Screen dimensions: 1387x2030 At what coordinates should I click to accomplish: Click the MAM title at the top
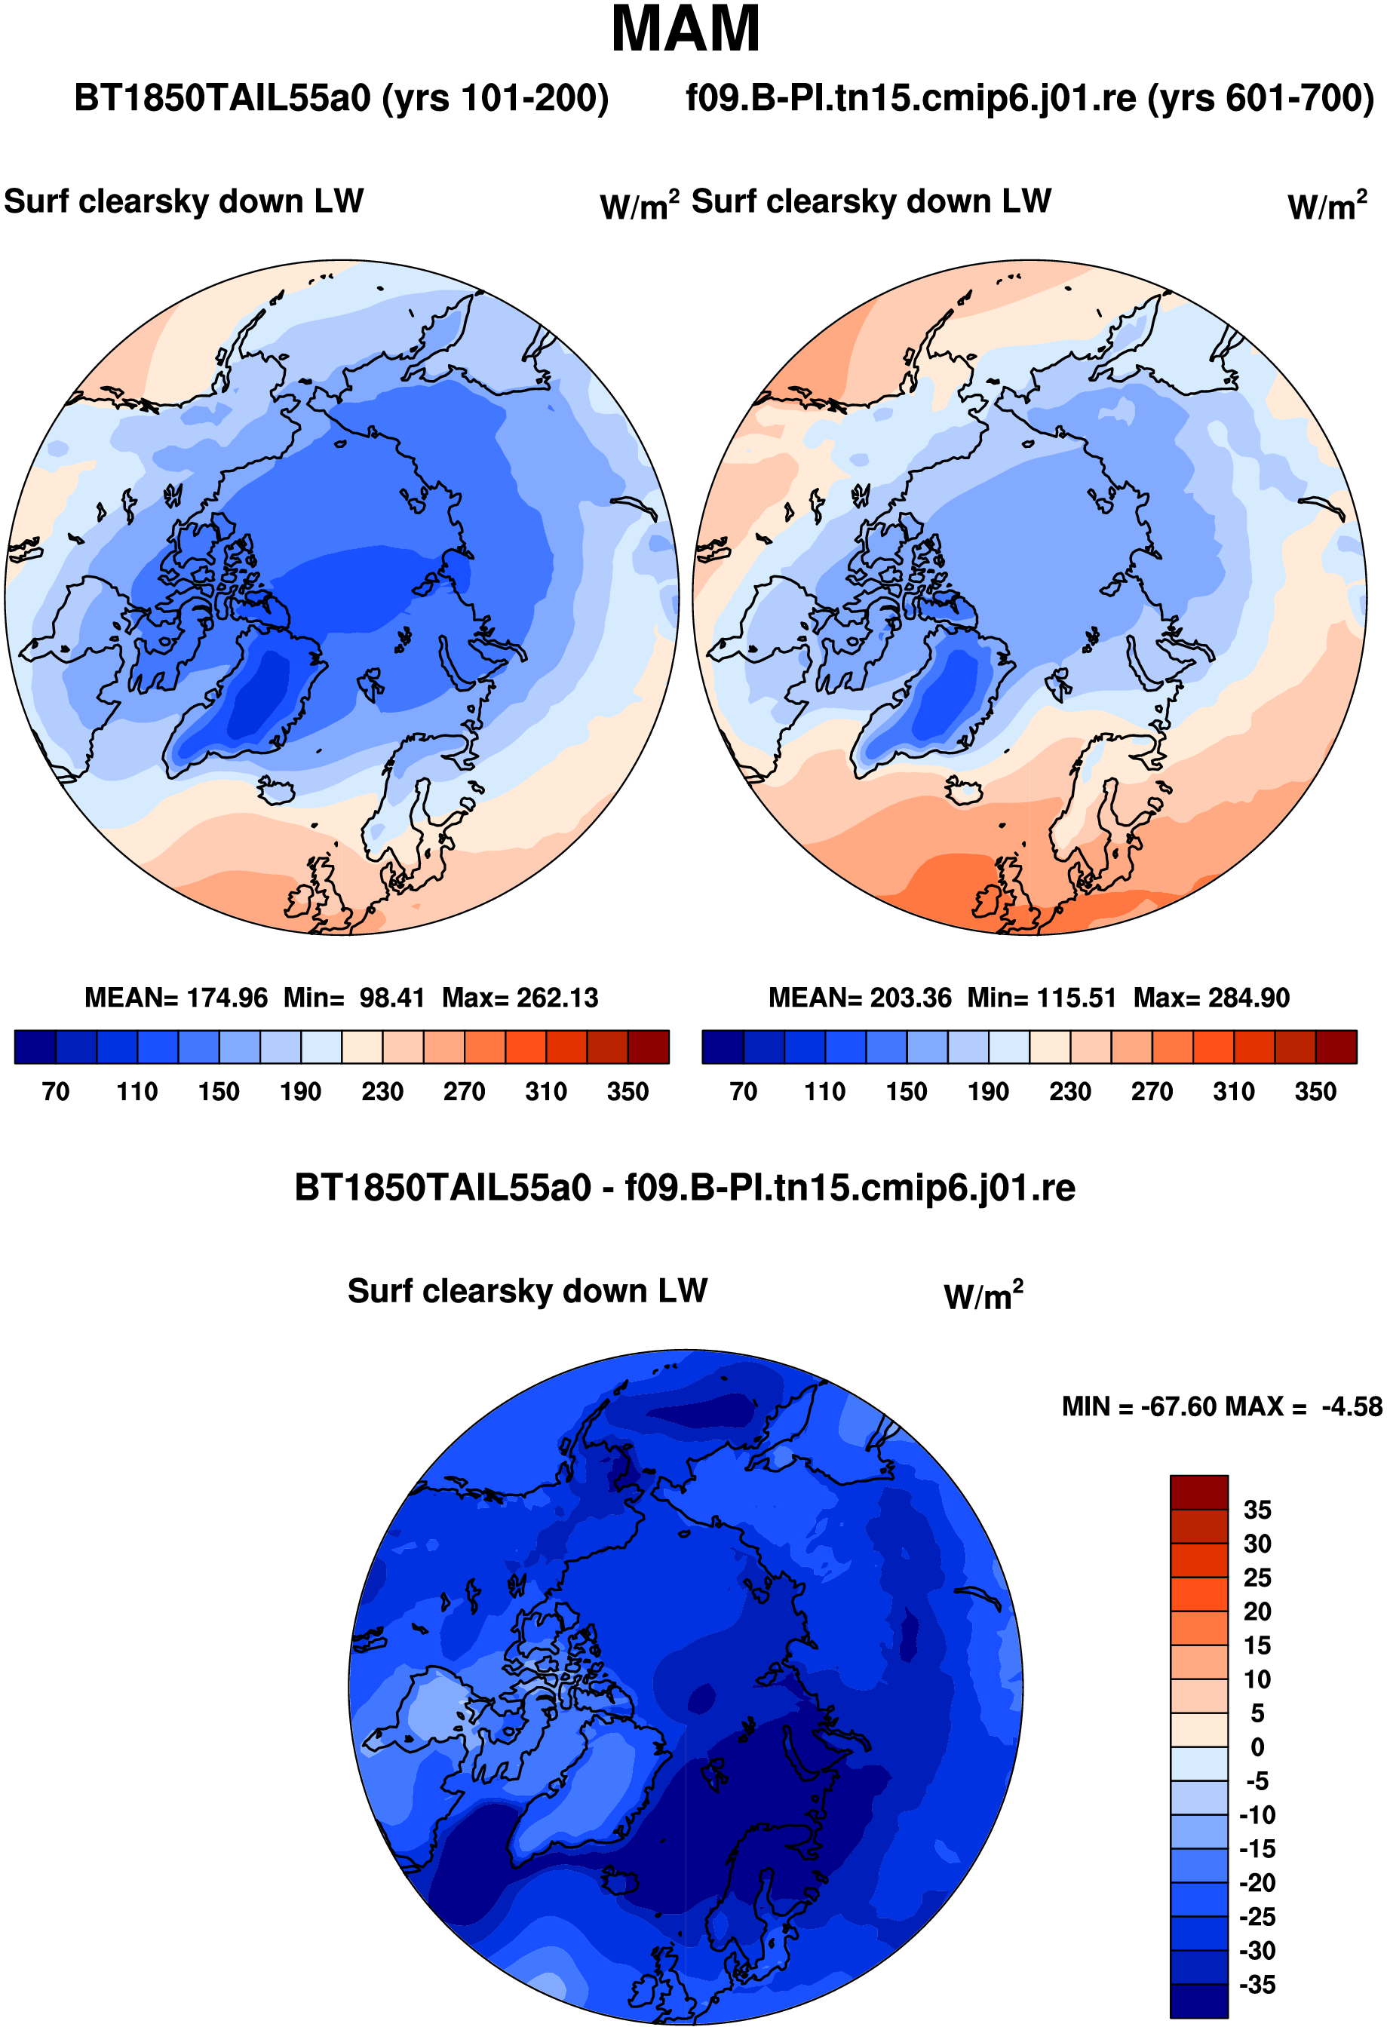[686, 29]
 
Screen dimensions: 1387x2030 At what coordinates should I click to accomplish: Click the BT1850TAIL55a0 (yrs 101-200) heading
[342, 98]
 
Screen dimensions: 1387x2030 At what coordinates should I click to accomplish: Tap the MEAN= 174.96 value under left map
[176, 998]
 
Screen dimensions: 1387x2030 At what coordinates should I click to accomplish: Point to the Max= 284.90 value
[1211, 998]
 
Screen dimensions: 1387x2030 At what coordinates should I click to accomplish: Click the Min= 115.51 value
[1042, 998]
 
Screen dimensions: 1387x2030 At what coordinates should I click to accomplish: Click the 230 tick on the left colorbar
[382, 1092]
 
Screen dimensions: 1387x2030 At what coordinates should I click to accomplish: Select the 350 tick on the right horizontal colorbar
[1315, 1092]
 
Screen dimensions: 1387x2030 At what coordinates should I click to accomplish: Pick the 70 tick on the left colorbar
[56, 1092]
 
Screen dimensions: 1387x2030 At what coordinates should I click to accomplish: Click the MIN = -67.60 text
[1139, 1407]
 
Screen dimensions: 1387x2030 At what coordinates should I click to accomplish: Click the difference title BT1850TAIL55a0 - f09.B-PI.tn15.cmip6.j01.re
[685, 1188]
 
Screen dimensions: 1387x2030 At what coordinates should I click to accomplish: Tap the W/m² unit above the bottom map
[983, 1296]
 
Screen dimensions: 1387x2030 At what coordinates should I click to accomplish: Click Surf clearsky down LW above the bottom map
[527, 1291]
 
